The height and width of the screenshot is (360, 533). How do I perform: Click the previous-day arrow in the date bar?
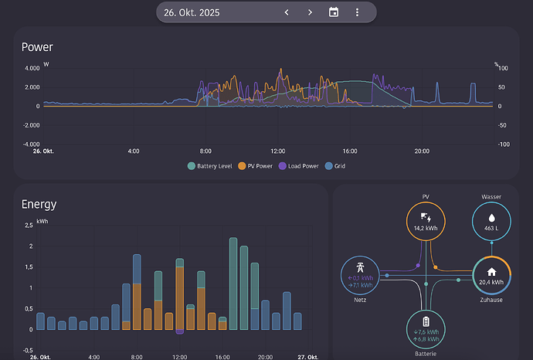click(287, 12)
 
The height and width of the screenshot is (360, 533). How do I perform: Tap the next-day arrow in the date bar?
click(310, 12)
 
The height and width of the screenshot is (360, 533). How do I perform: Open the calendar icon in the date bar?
click(334, 12)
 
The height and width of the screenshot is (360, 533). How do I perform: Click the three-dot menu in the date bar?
click(357, 12)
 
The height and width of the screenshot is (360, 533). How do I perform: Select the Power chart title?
click(37, 47)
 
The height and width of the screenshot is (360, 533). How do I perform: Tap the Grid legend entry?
click(337, 166)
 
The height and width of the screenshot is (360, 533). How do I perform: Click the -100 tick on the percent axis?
click(503, 144)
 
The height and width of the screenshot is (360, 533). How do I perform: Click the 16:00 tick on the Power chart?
click(349, 151)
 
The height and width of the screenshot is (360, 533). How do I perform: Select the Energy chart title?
click(39, 205)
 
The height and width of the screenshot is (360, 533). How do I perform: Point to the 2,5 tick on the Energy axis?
click(29, 226)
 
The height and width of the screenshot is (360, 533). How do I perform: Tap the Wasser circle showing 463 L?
click(491, 222)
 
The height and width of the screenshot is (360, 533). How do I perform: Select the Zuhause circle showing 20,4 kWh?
click(491, 274)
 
